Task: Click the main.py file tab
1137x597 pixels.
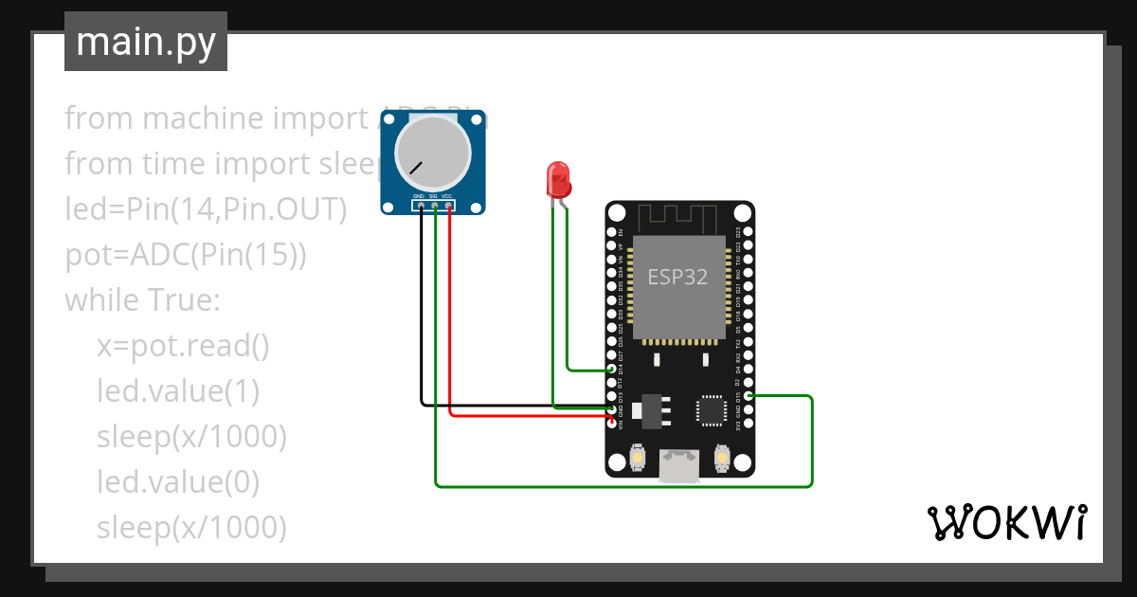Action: coord(145,42)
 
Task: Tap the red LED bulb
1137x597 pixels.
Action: coord(557,177)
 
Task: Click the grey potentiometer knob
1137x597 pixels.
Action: coord(433,153)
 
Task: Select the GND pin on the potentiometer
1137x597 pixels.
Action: coord(421,205)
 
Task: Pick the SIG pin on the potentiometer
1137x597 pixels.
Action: coord(435,205)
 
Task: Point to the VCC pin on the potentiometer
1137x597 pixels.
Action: coord(448,205)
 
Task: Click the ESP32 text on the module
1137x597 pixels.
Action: coord(677,277)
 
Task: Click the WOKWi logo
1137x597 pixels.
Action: coord(1006,522)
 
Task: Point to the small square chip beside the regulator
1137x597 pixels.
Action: coord(712,409)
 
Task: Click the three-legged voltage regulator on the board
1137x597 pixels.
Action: coord(653,408)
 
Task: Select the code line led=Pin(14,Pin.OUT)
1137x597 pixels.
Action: coord(206,209)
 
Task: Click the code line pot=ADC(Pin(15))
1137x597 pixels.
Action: coord(186,255)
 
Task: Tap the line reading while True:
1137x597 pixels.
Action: coord(142,300)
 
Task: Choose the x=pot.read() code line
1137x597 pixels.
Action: coord(184,346)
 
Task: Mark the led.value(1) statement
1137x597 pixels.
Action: coord(178,391)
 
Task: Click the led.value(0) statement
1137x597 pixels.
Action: coord(178,482)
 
